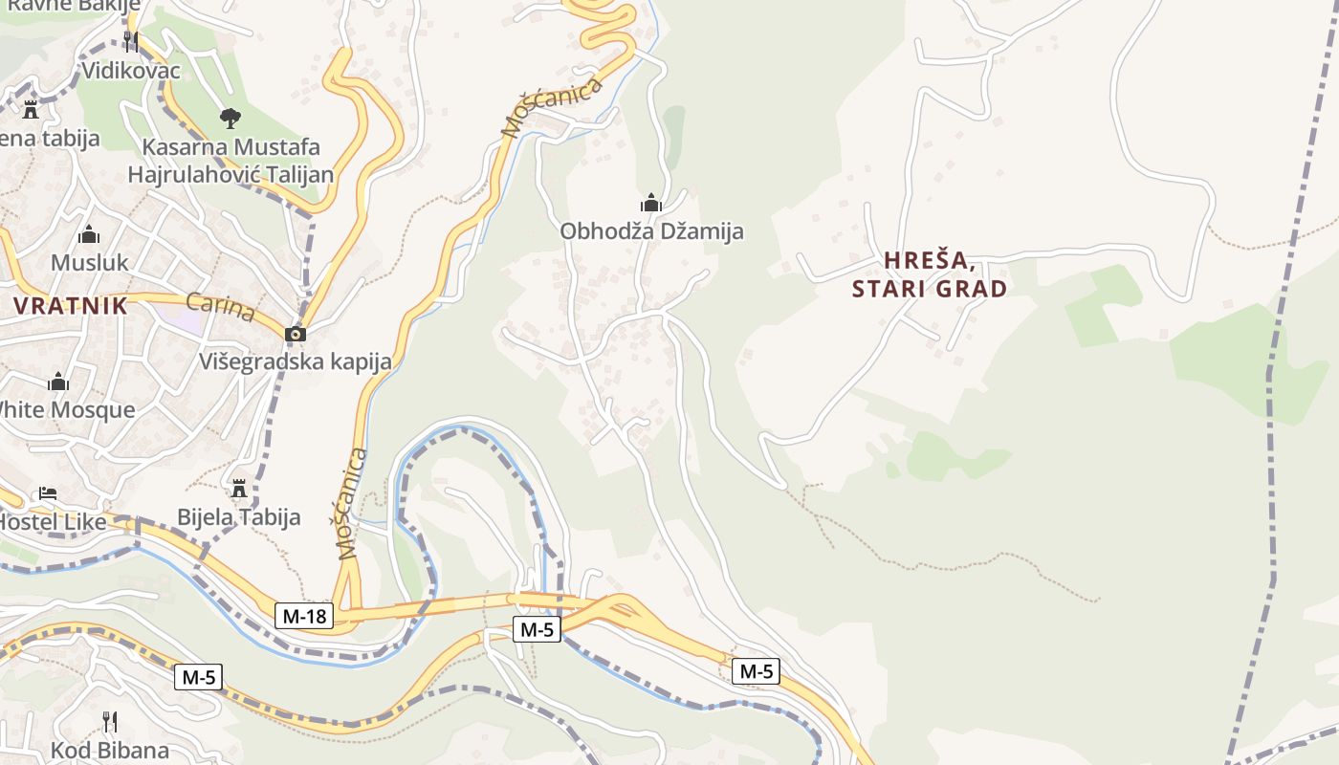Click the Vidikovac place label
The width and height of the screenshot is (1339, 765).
click(131, 70)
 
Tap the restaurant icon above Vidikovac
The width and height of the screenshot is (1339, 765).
click(131, 41)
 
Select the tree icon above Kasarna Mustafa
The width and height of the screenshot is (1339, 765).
click(230, 119)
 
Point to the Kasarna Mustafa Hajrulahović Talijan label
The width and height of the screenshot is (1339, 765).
click(230, 161)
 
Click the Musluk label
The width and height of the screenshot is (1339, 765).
click(89, 263)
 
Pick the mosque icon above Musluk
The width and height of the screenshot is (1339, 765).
click(89, 234)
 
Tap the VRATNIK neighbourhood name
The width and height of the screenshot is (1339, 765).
click(71, 306)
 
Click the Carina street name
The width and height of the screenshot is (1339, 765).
click(220, 308)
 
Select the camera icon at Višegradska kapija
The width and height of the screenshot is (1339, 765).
click(296, 334)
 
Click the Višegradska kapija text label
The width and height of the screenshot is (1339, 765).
click(296, 361)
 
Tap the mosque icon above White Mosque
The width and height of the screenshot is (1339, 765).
click(58, 382)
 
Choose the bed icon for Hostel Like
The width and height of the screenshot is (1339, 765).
click(48, 493)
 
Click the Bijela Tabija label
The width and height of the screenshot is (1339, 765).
click(239, 517)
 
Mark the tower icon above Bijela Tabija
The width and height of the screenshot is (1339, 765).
click(239, 489)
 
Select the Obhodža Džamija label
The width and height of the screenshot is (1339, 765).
click(651, 231)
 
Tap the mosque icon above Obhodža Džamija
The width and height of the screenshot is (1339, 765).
click(651, 203)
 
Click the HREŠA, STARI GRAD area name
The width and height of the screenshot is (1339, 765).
click(930, 274)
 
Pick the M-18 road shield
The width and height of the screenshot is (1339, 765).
click(305, 617)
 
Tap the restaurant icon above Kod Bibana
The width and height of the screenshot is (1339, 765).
click(110, 721)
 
